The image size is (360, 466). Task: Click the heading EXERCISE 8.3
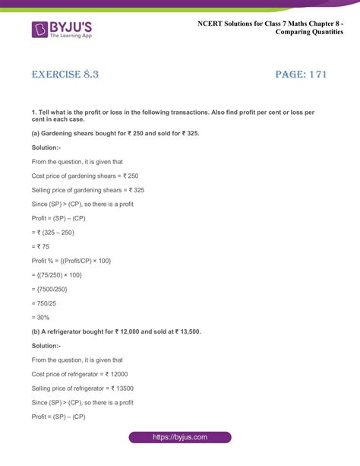pos(65,74)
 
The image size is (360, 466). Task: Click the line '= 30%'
pos(43,315)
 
